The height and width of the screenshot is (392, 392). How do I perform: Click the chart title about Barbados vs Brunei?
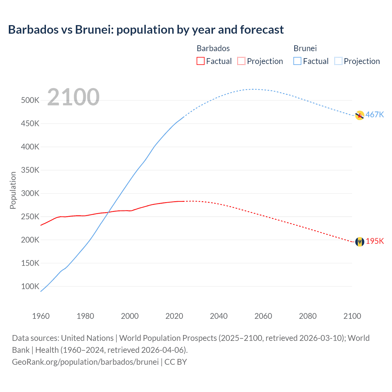coord(146,30)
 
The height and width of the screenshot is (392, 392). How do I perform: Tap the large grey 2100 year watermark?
coord(73,97)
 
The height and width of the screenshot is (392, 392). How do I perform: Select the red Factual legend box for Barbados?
coord(200,61)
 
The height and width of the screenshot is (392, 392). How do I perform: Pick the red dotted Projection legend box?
coord(241,61)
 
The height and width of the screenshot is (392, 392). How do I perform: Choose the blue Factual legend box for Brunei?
coord(297,61)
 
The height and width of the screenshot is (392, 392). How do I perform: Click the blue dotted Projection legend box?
coord(338,61)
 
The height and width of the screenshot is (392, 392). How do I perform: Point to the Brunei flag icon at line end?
coord(360,115)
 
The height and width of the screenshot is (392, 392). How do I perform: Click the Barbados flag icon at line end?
coord(360,242)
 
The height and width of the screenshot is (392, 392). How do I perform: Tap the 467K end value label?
coord(375,115)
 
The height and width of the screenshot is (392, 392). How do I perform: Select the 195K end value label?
coord(375,241)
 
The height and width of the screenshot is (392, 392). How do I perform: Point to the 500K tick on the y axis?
coord(30,100)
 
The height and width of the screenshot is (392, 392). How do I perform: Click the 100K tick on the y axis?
coord(30,287)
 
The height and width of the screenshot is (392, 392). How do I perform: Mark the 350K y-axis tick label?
coord(30,170)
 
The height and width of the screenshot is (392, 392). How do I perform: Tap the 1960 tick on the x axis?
coord(41,316)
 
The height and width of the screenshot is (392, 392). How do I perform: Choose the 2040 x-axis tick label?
coord(219,316)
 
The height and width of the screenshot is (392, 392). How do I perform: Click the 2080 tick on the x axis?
coord(308,316)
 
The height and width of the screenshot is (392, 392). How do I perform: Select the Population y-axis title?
coord(13,190)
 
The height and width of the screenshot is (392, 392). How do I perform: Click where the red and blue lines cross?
coord(108,212)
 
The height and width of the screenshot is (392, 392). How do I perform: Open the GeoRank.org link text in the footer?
coord(85,362)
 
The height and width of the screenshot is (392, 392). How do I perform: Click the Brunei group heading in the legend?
coord(305,48)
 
